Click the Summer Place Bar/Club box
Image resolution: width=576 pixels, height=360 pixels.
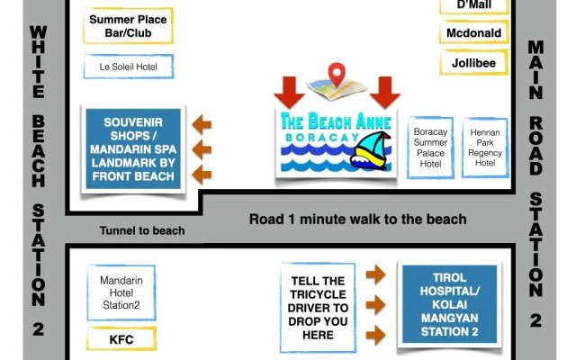(128, 26)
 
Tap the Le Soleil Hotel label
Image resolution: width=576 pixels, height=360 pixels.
(128, 67)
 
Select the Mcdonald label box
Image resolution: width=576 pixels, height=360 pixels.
(473, 33)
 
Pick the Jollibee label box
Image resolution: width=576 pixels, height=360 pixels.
(473, 63)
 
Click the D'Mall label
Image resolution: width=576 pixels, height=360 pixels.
(473, 5)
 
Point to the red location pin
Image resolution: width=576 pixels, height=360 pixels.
(337, 75)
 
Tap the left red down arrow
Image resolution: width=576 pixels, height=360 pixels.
(290, 93)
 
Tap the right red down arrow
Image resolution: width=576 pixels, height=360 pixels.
(385, 93)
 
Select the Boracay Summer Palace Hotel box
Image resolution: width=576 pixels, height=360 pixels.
(430, 148)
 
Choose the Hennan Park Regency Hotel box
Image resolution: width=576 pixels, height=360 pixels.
(485, 148)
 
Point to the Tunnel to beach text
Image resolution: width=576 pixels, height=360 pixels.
(142, 230)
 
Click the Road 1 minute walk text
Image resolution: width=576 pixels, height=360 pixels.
(357, 219)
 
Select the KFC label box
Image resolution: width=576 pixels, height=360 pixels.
(121, 338)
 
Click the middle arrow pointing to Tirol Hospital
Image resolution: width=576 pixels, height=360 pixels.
(376, 304)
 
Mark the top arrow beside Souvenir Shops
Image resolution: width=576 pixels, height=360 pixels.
(205, 124)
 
